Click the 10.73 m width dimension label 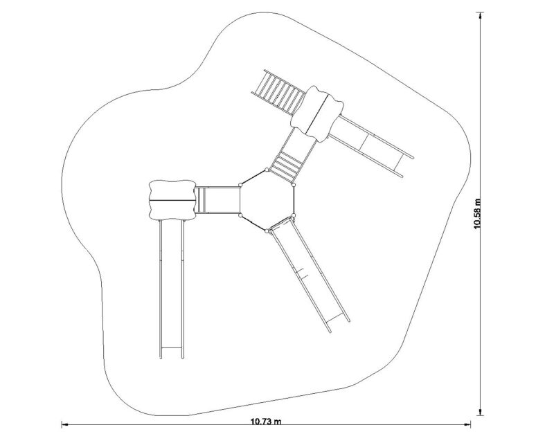(x=266, y=421)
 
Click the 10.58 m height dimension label (x=477, y=213)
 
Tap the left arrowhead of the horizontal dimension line (x=64, y=424)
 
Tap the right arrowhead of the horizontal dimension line (x=467, y=424)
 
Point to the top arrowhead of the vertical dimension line (x=480, y=15)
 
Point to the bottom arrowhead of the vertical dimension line (x=480, y=412)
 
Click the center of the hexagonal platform (x=267, y=200)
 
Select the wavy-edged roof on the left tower (x=172, y=200)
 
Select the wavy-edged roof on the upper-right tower (x=317, y=114)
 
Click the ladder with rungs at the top (x=278, y=92)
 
